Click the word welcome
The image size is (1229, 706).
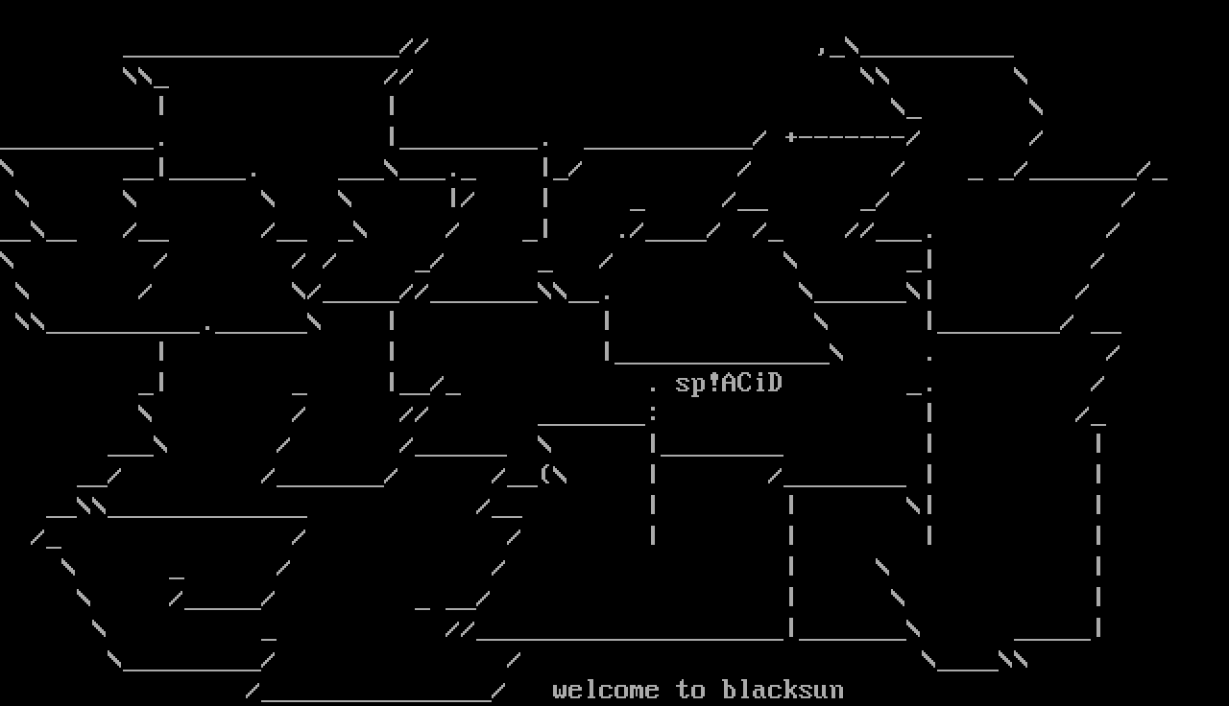pos(606,691)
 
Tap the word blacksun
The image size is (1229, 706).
pos(783,691)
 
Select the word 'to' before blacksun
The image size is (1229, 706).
pos(690,691)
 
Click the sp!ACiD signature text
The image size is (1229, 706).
pos(729,384)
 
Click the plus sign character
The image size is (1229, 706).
pos(791,137)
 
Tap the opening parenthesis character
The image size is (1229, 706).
pos(545,474)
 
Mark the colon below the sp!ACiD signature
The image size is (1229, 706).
pos(653,412)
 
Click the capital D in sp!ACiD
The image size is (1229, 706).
pos(775,384)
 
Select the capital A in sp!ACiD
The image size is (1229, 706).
pos(729,384)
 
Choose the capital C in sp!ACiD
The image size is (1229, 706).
pos(744,384)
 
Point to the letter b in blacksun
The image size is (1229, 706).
pos(729,691)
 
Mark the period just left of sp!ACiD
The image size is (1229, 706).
pos(653,388)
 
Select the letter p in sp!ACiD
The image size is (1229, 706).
pos(698,386)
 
